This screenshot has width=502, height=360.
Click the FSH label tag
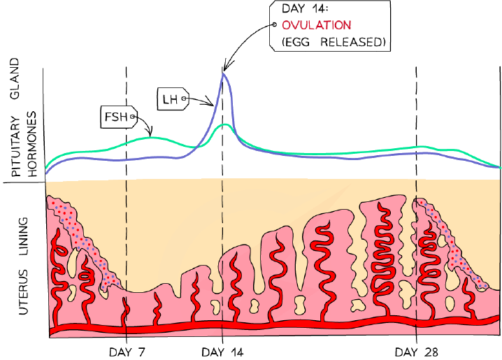(119, 117)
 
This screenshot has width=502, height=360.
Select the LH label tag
(173, 99)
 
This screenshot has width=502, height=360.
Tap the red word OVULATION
(316, 25)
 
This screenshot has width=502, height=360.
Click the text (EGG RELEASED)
(334, 42)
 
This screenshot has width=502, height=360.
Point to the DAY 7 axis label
(127, 352)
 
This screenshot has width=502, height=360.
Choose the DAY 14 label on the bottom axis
(222, 352)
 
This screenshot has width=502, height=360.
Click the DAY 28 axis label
(416, 352)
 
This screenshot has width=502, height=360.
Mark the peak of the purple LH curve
(223, 74)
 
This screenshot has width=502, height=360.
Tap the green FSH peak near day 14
(225, 124)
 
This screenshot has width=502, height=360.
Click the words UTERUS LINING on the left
(23, 266)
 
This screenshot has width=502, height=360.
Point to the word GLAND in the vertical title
(15, 78)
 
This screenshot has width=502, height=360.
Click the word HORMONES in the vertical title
(32, 144)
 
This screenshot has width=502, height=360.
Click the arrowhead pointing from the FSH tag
(150, 133)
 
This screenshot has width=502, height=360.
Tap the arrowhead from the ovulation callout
(225, 66)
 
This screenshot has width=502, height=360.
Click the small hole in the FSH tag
(131, 117)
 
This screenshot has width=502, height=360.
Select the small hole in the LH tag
(184, 99)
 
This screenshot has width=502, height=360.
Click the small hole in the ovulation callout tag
(274, 24)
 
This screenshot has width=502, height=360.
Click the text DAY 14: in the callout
(304, 8)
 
